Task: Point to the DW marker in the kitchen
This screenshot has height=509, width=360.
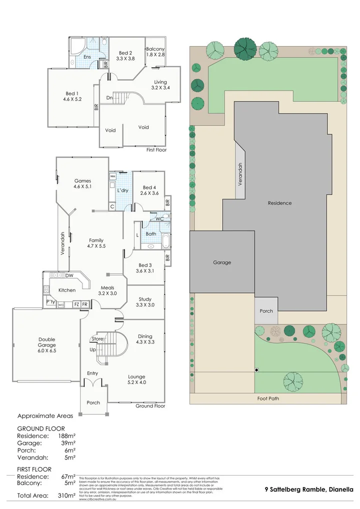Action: (x=69, y=275)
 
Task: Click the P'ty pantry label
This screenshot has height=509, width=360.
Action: (x=50, y=302)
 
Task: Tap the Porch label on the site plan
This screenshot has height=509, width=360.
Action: (x=266, y=310)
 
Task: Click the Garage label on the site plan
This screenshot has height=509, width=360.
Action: (x=222, y=262)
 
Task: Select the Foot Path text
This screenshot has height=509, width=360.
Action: (x=268, y=398)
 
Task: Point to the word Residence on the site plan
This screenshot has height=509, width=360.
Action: (x=279, y=203)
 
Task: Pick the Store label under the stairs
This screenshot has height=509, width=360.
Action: (x=97, y=339)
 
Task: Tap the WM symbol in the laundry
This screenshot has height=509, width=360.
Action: (x=112, y=176)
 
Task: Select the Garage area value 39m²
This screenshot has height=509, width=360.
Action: (x=68, y=443)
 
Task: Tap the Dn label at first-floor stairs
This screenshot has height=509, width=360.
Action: (x=109, y=98)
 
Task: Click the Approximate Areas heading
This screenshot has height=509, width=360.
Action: (x=45, y=415)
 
